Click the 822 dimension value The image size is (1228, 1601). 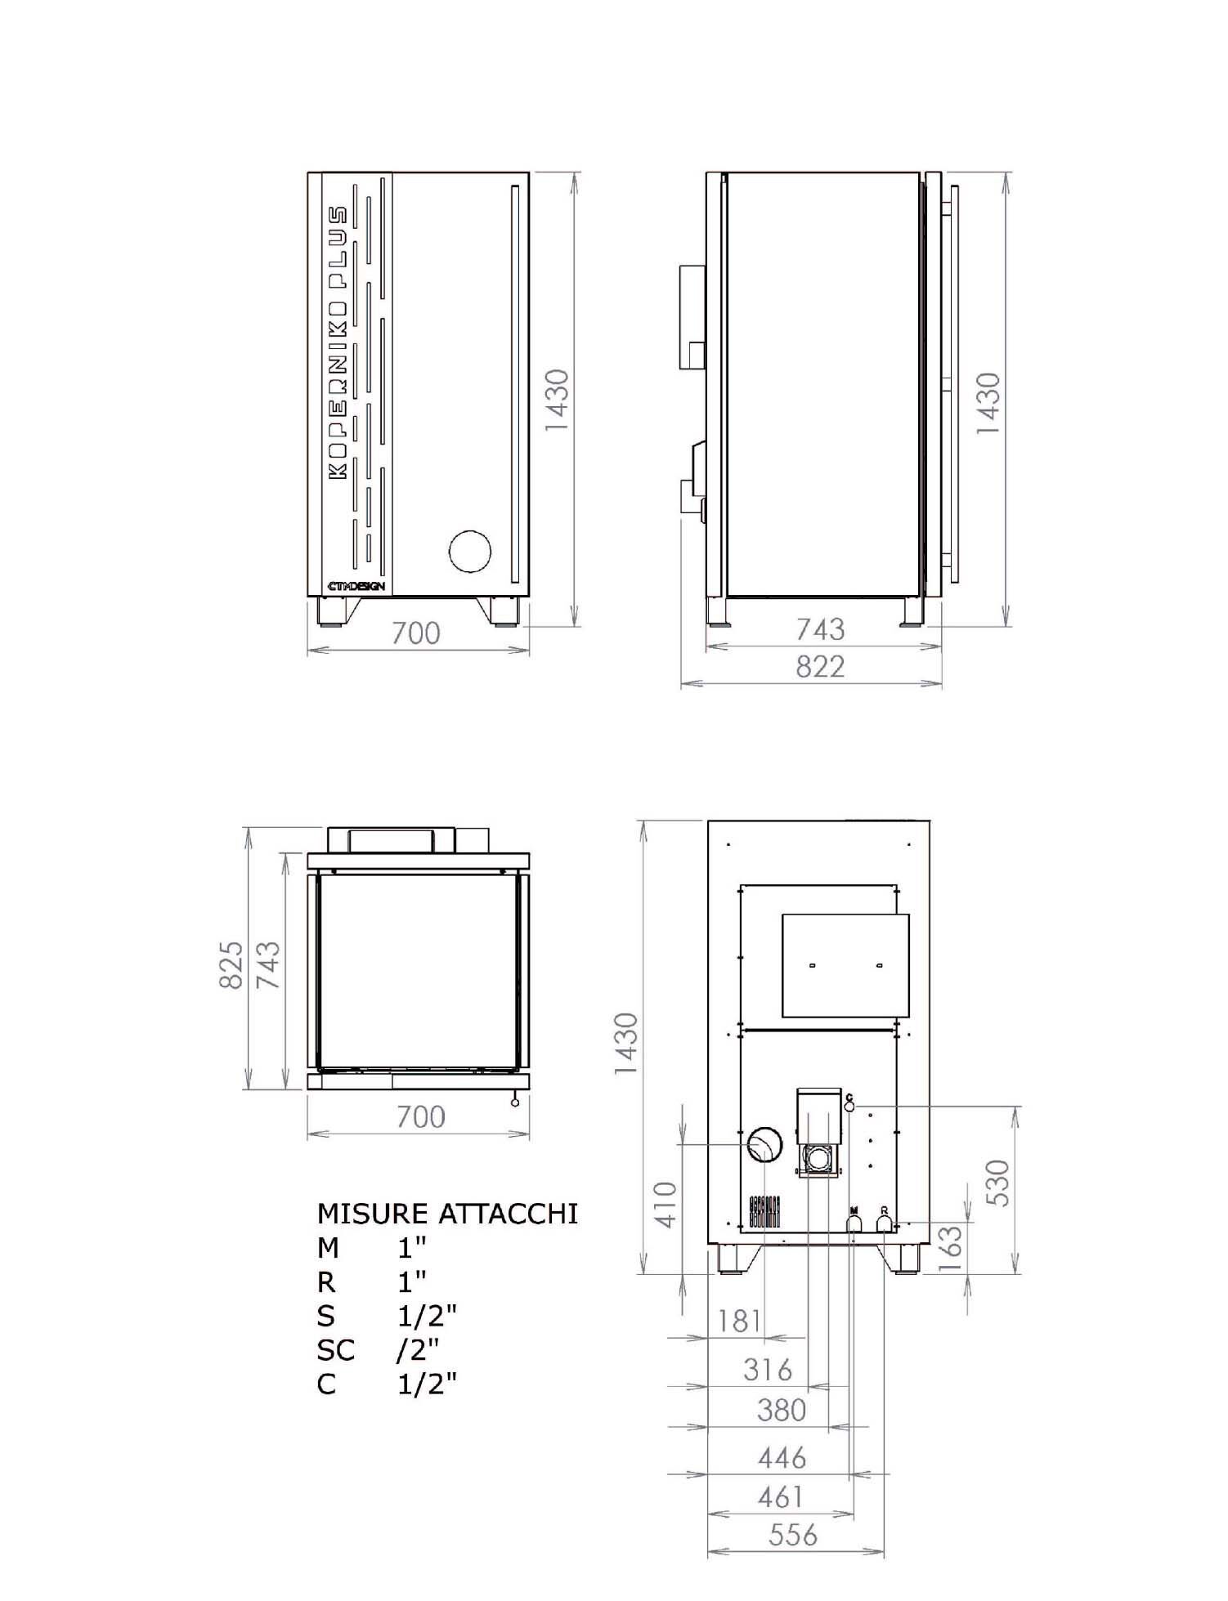click(x=819, y=667)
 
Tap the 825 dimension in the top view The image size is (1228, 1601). click(x=231, y=964)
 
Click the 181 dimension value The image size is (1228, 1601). click(x=739, y=1321)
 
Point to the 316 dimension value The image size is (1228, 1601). click(x=767, y=1369)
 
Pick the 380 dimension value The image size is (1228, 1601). click(x=781, y=1410)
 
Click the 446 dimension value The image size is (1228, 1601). click(x=782, y=1457)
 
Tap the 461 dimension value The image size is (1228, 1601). click(x=780, y=1496)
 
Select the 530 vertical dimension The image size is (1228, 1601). click(x=998, y=1183)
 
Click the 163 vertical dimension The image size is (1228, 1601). click(x=950, y=1249)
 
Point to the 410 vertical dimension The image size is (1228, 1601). click(x=667, y=1204)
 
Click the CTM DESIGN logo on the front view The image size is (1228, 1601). click(x=356, y=586)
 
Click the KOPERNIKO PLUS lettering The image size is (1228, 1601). click(x=338, y=343)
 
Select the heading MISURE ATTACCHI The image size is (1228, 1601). click(x=447, y=1214)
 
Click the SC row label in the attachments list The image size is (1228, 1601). click(x=335, y=1350)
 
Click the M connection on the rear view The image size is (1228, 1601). click(x=853, y=1223)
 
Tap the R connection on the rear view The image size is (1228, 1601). click(x=884, y=1223)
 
